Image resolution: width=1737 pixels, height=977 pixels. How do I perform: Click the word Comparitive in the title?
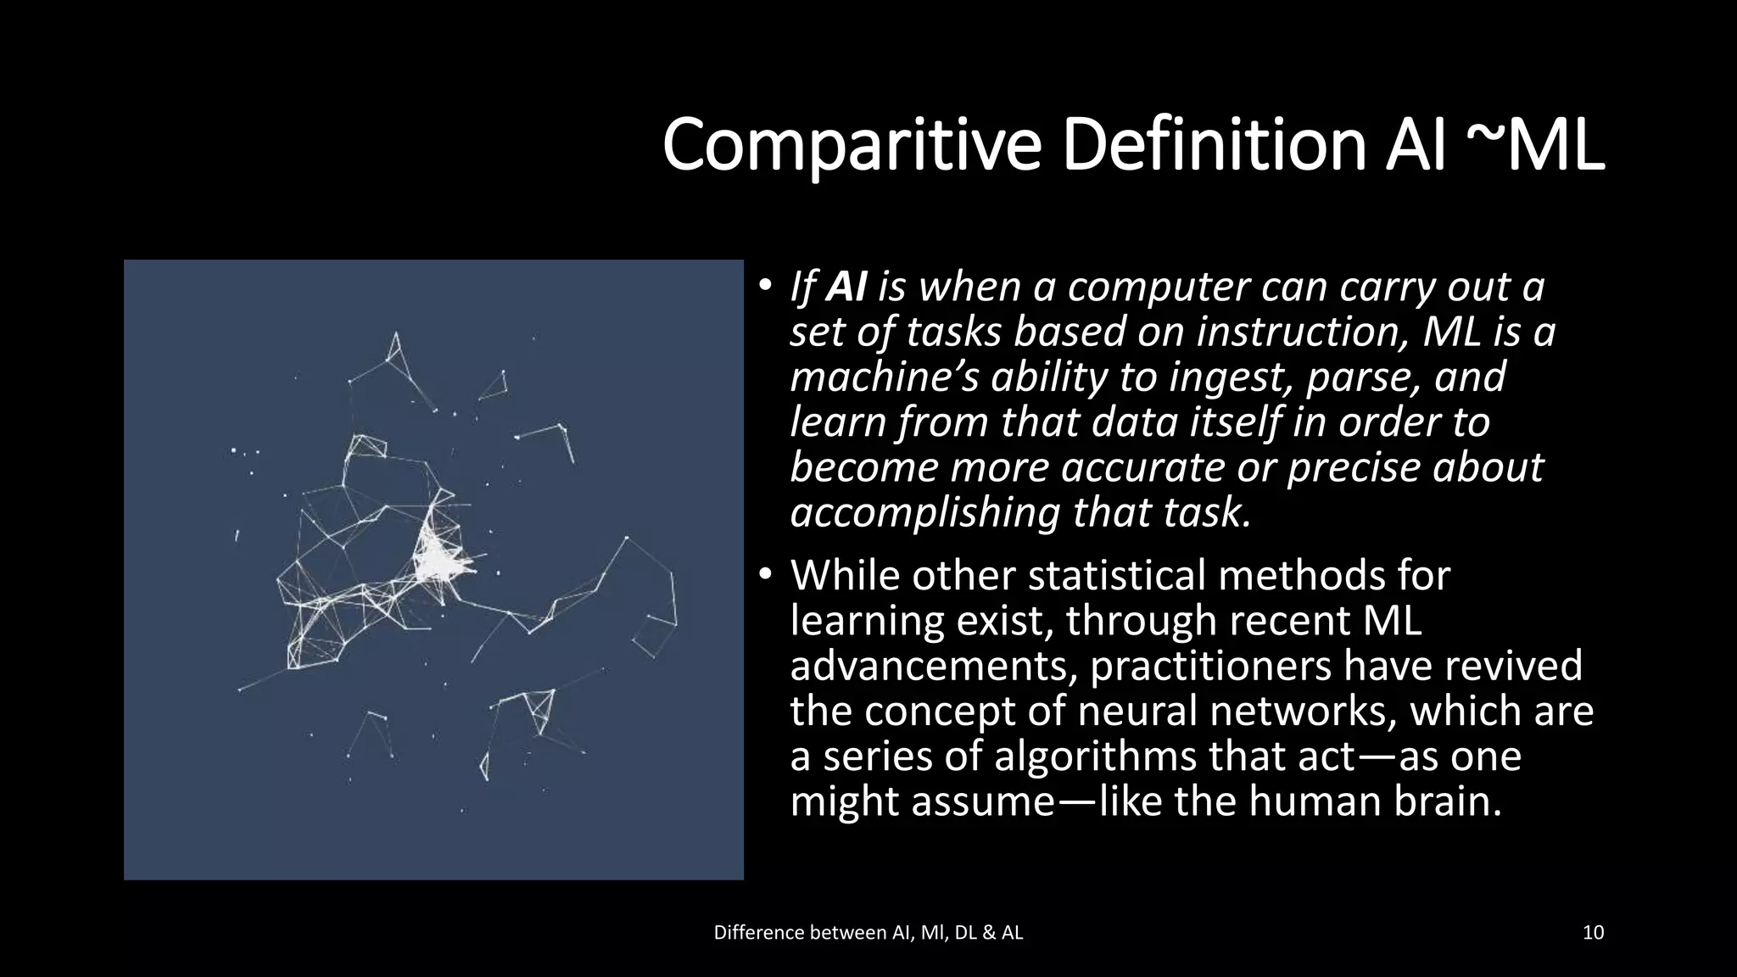[851, 146]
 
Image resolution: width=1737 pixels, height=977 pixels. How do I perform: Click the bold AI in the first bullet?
[846, 287]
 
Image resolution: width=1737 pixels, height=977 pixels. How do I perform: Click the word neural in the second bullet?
[1135, 711]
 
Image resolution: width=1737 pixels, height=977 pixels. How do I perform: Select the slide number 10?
[1593, 933]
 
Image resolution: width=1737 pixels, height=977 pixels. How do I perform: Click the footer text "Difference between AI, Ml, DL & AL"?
[868, 933]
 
